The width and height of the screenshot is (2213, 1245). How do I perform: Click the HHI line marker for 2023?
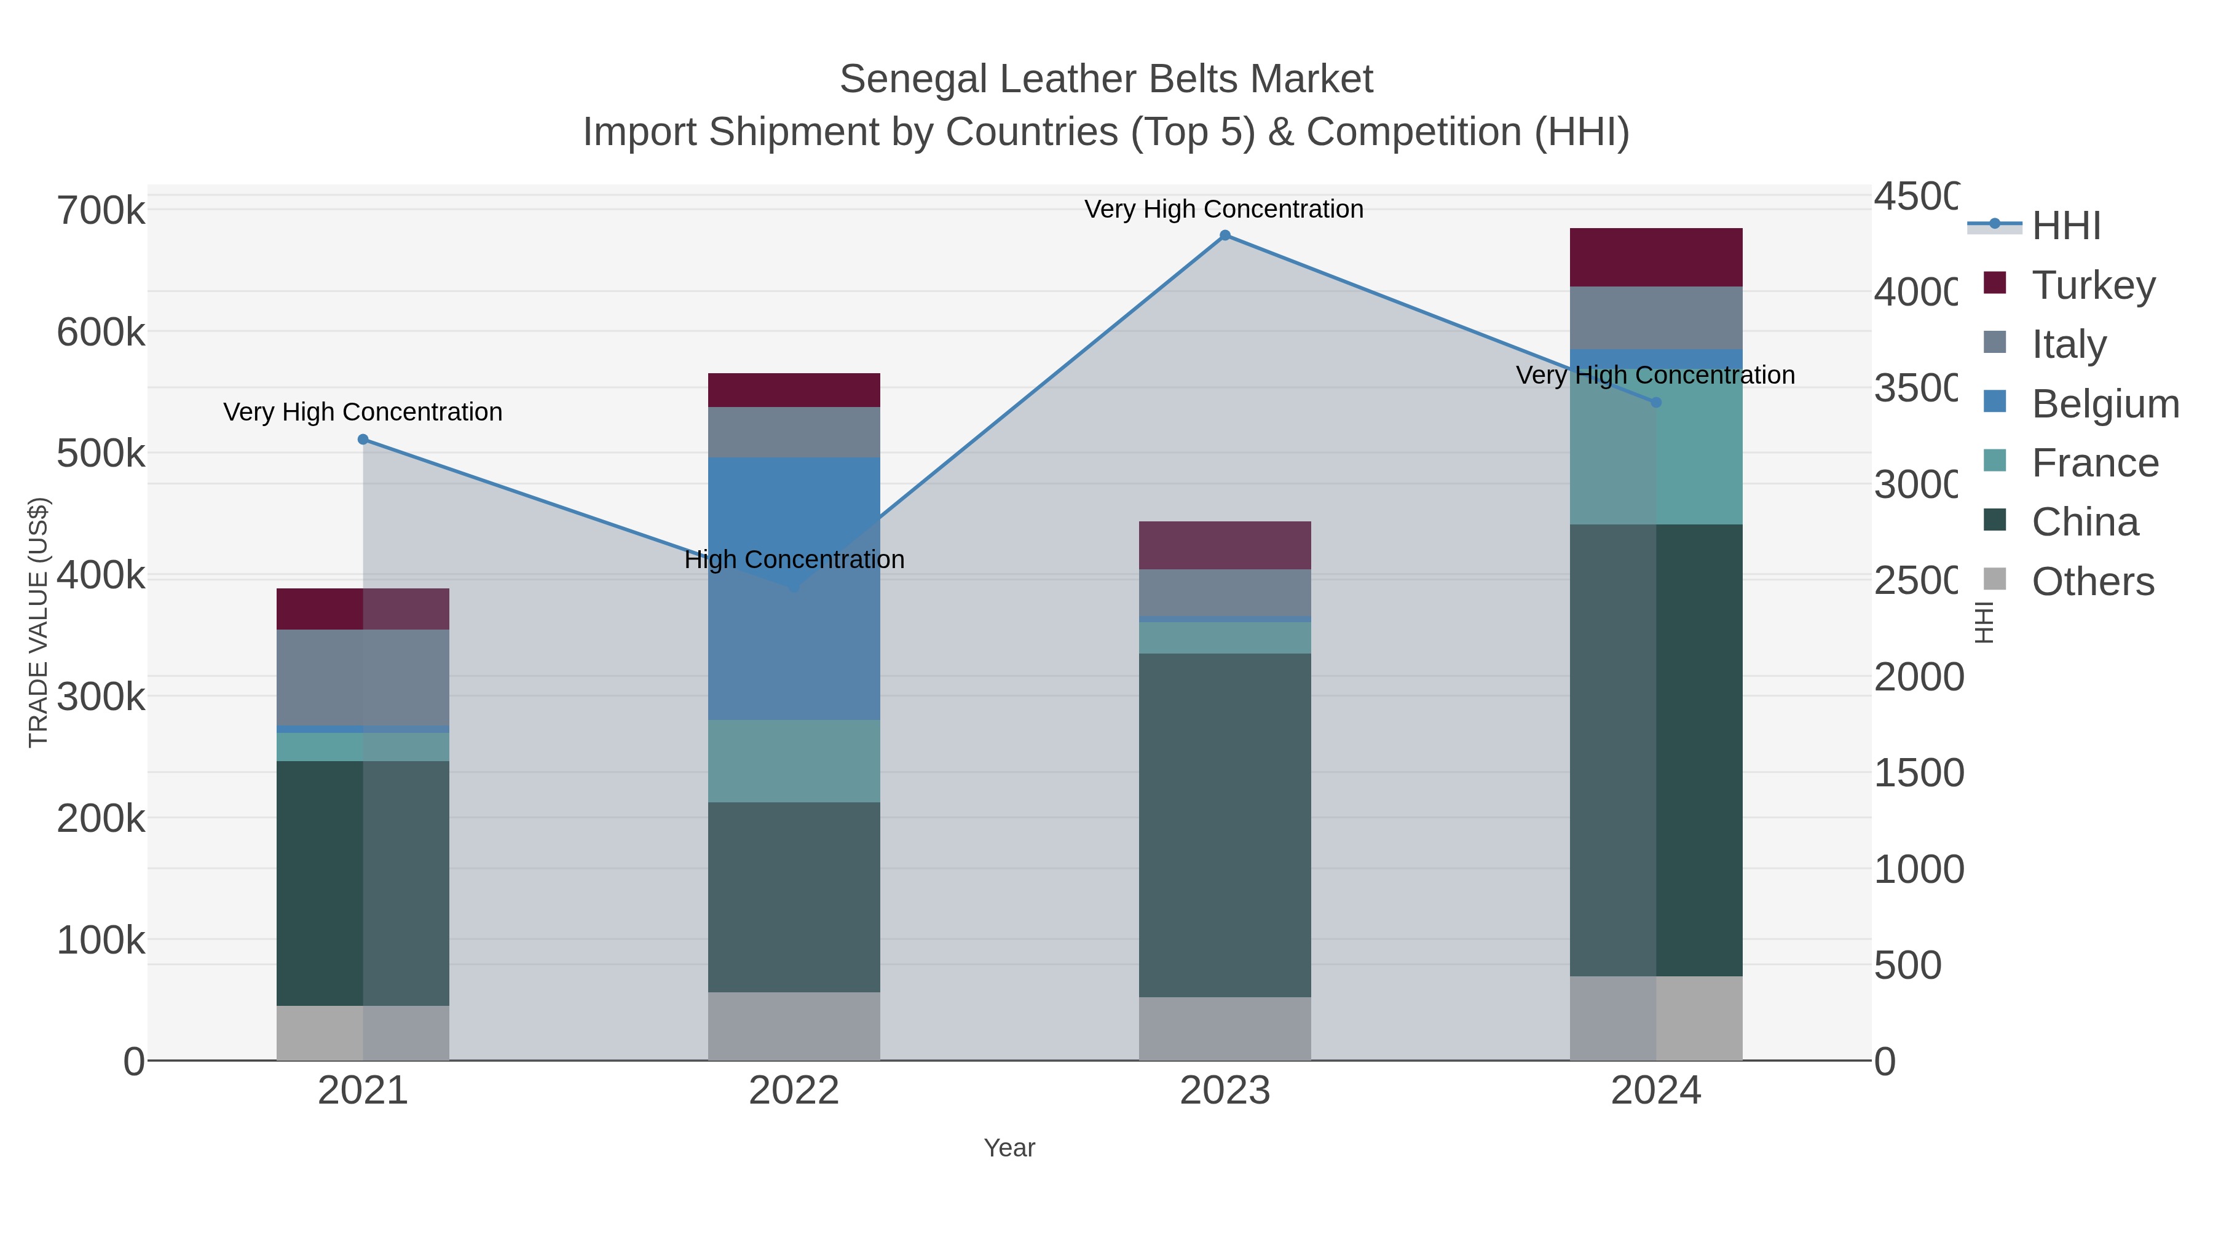click(x=1225, y=235)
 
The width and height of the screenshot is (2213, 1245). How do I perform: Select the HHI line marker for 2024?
click(x=1656, y=402)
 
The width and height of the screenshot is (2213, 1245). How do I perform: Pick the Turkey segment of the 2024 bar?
click(x=1656, y=257)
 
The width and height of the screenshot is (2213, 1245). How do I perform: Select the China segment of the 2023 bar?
click(x=1225, y=825)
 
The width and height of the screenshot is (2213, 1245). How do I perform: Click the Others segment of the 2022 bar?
click(x=794, y=1026)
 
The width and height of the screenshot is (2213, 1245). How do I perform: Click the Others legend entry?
click(x=2092, y=582)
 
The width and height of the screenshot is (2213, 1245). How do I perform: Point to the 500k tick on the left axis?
click(x=101, y=454)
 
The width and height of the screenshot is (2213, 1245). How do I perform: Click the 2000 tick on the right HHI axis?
click(x=1917, y=677)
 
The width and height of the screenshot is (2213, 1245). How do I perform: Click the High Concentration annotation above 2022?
click(x=794, y=559)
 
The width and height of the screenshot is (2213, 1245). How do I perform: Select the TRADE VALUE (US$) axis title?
click(x=39, y=622)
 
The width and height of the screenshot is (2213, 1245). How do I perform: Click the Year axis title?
click(x=1009, y=1148)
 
